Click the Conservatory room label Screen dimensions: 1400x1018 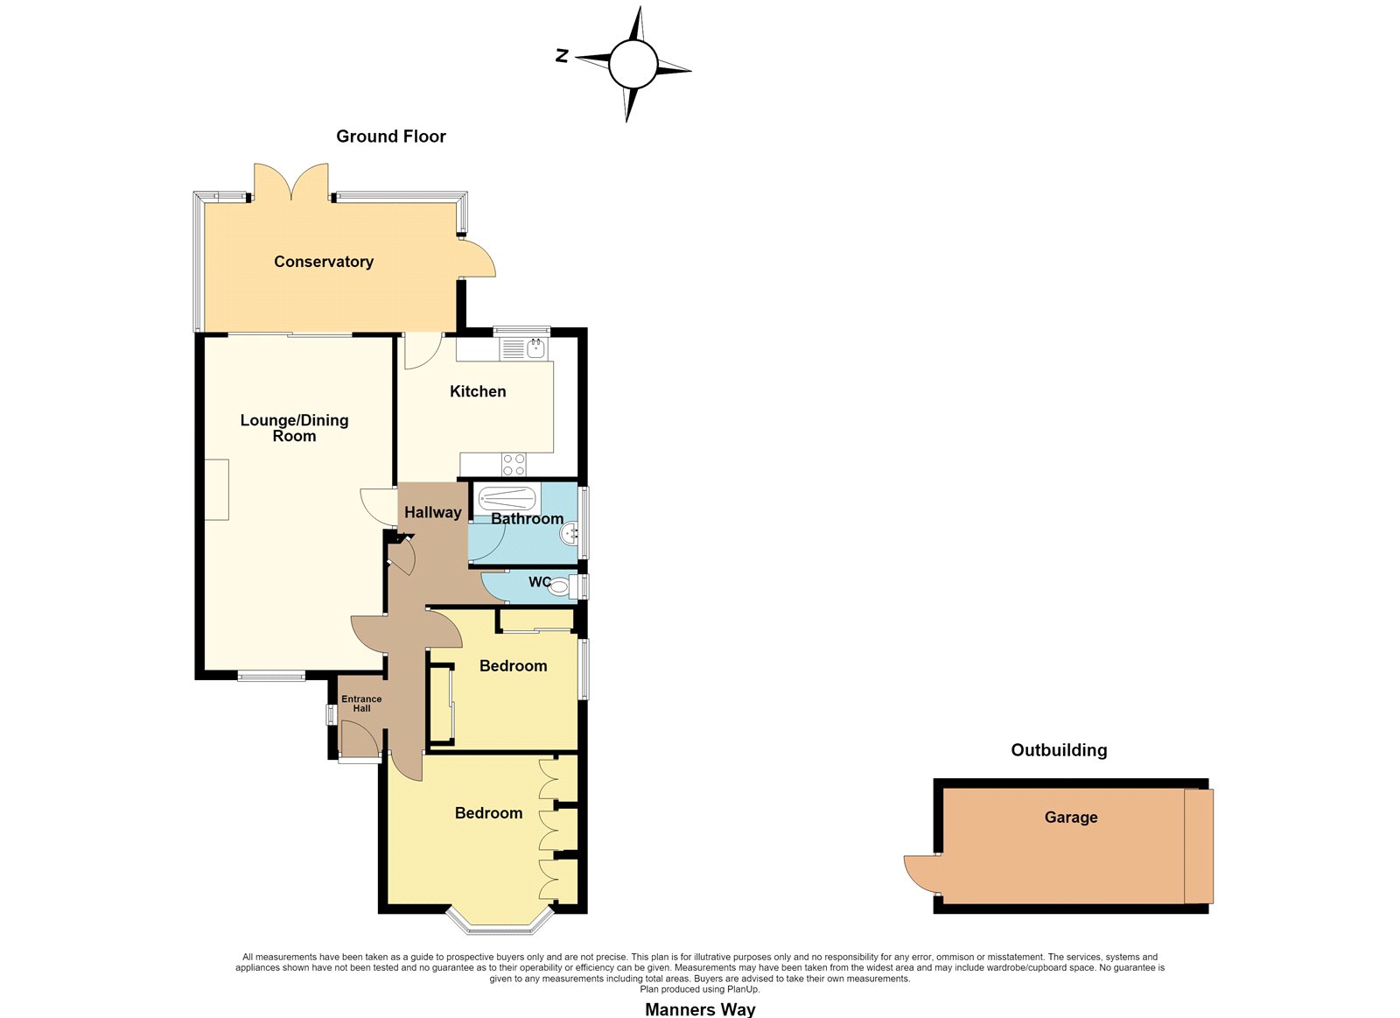pos(324,262)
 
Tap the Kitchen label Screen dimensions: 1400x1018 pos(478,391)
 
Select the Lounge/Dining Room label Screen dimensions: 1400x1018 pos(294,428)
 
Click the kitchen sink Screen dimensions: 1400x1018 pos(524,349)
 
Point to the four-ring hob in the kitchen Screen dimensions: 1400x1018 pos(514,464)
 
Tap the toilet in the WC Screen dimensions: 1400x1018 pos(561,586)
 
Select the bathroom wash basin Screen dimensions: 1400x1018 pos(570,534)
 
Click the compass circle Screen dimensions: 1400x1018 pos(633,65)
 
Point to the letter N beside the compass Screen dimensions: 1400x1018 pos(562,56)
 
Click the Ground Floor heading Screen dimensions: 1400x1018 pos(391,137)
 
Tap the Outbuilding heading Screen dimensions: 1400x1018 pos(1059,750)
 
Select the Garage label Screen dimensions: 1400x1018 pos(1071,818)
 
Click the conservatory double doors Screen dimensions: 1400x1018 pos(291,182)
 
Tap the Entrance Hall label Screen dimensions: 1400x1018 pos(361,704)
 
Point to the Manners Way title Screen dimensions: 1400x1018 pos(700,1009)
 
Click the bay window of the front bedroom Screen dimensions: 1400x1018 pos(500,923)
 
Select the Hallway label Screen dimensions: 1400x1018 pos(432,513)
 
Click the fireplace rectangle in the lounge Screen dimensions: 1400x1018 pos(216,489)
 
